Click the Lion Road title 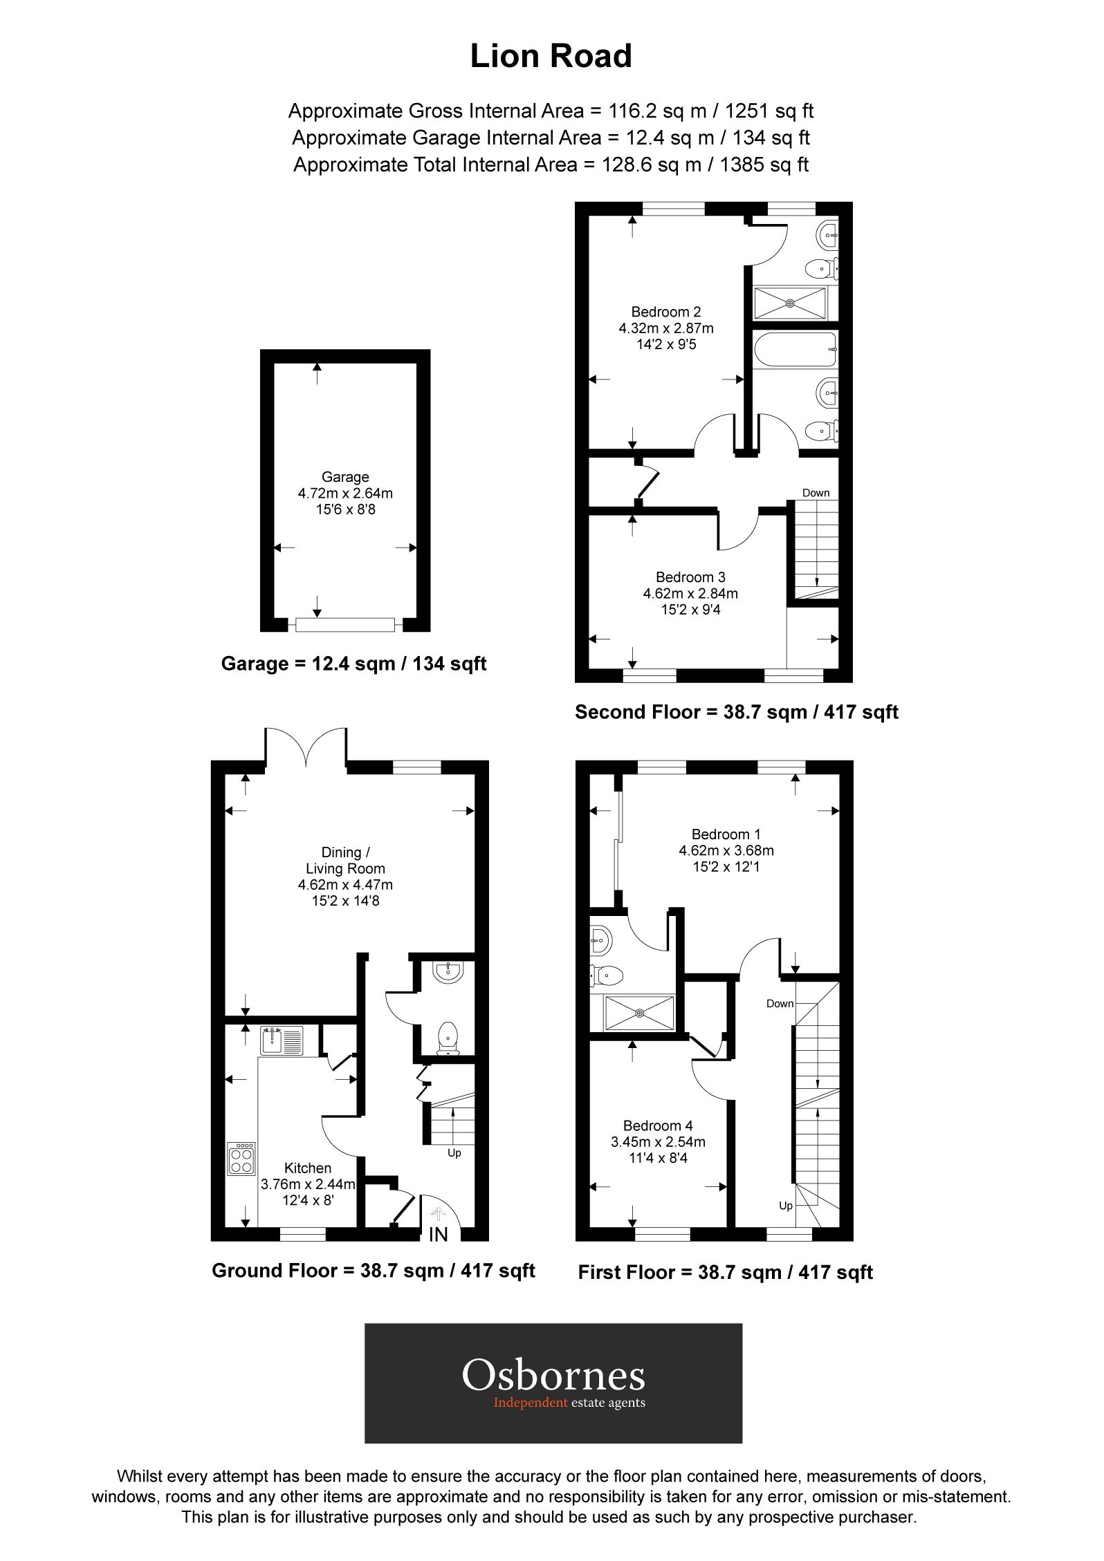[x=551, y=57]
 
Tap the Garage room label [x=345, y=477]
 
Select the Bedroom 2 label [x=666, y=312]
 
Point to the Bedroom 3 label [x=690, y=577]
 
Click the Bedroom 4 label [x=658, y=1126]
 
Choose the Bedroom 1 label [x=726, y=834]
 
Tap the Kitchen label [x=308, y=1168]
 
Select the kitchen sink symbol [x=282, y=1041]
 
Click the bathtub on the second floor [x=795, y=350]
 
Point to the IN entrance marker [x=439, y=1235]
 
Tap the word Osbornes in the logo [x=553, y=1376]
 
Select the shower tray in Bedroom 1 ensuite [x=639, y=1013]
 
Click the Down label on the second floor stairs [x=816, y=493]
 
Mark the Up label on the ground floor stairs [x=454, y=1153]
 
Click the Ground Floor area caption [x=374, y=1271]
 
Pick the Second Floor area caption [x=736, y=712]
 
